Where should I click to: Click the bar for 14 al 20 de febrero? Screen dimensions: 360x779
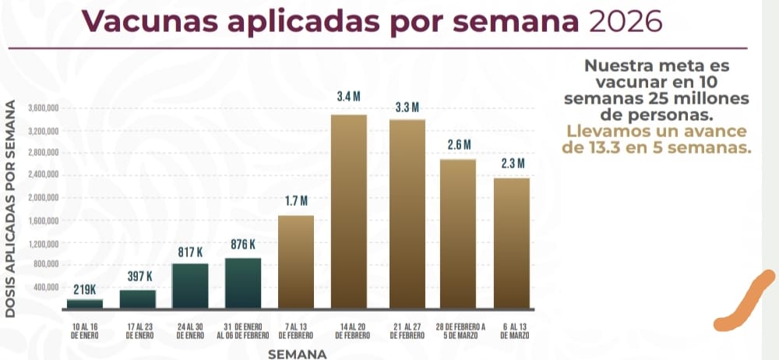point(348,210)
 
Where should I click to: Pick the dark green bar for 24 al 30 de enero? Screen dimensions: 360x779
point(189,286)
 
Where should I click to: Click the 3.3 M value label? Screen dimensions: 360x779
point(407,108)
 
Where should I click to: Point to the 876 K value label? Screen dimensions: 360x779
point(243,245)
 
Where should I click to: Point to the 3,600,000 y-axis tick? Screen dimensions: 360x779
point(42,108)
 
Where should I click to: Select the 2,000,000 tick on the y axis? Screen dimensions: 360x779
point(42,198)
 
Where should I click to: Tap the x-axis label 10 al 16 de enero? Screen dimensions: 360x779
point(83,330)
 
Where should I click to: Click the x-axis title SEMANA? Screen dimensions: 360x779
point(296,354)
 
